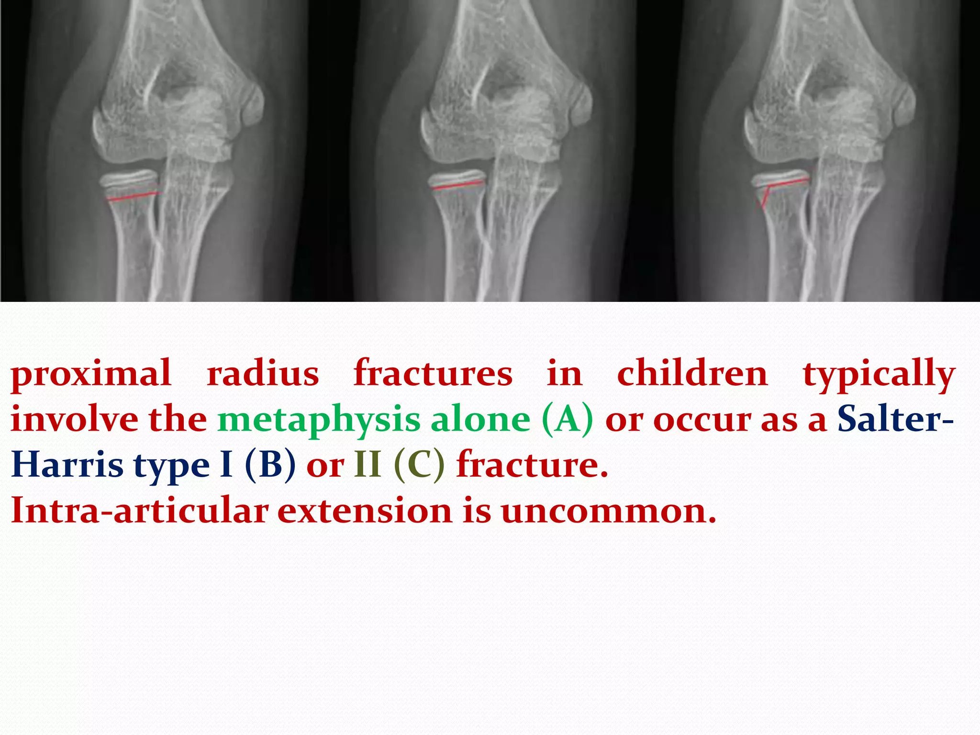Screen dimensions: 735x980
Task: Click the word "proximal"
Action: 91,374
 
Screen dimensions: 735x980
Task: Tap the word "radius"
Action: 263,374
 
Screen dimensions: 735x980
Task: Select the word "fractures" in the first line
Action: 433,374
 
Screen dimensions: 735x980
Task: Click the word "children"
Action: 692,374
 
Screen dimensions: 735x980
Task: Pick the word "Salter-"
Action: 895,419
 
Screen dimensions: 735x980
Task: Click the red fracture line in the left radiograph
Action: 134,196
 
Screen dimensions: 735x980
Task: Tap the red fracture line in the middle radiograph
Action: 457,186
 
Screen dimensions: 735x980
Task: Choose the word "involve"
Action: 75,419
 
